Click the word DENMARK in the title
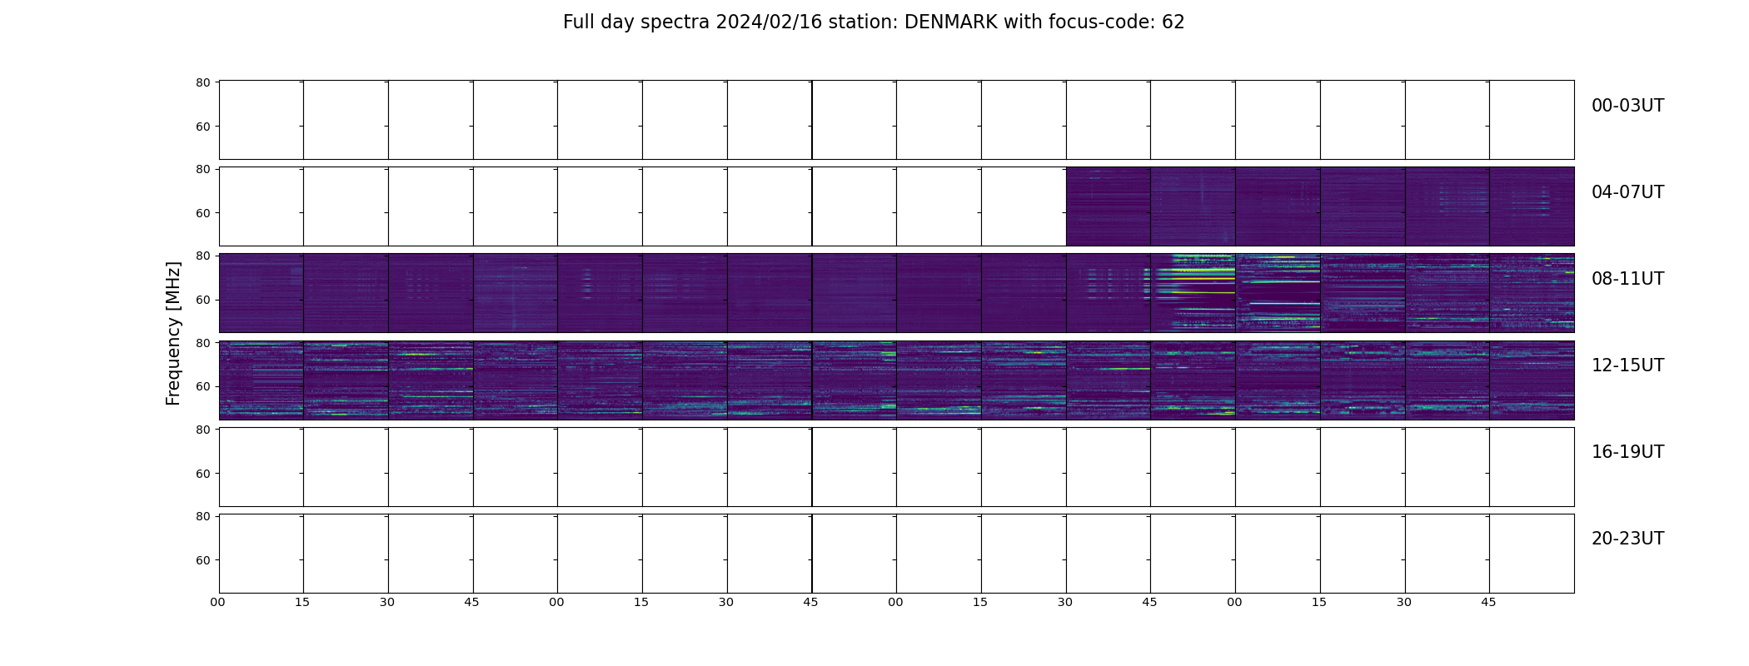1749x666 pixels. [951, 22]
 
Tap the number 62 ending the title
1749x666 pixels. [1173, 22]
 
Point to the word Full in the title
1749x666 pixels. [578, 22]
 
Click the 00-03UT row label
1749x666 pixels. [1627, 106]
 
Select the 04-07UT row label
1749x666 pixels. [1627, 192]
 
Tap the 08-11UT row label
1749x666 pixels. [1627, 279]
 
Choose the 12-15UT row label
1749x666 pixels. [1627, 365]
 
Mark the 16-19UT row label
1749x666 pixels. [1627, 452]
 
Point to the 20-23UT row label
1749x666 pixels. [1627, 539]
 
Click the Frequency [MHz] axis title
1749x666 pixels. [173, 333]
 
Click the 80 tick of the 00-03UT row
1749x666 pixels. [202, 82]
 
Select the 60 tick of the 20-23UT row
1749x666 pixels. [202, 560]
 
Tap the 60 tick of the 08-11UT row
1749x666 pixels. [202, 300]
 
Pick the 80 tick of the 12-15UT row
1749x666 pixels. [202, 343]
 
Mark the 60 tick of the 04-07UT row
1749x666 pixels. [202, 213]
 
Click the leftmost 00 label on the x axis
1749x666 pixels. [218, 602]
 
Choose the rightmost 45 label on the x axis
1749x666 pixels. [1488, 602]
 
